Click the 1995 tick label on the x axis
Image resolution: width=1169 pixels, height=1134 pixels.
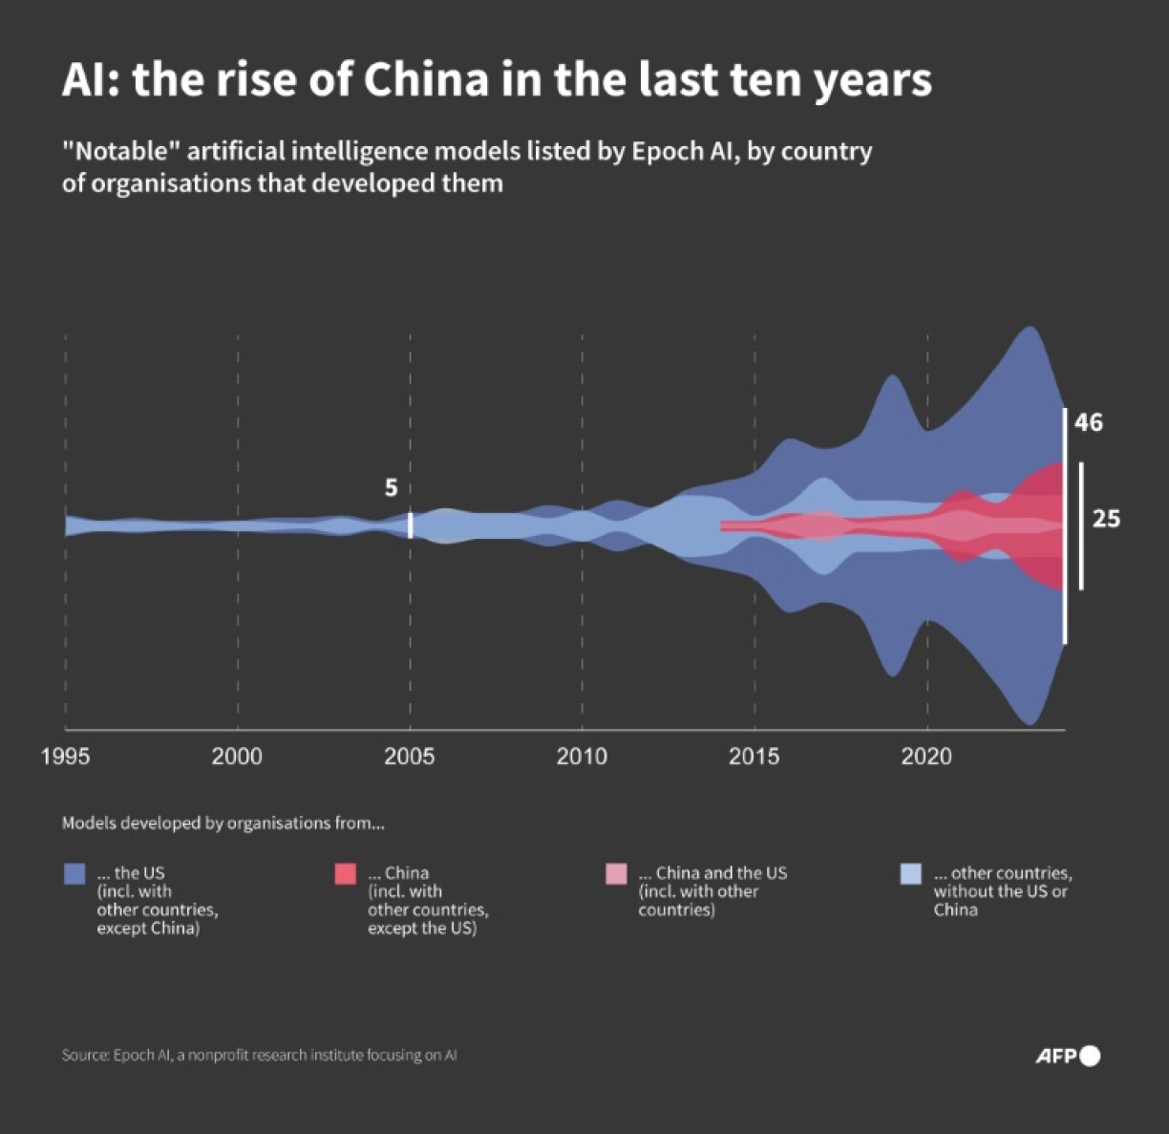[x=65, y=757]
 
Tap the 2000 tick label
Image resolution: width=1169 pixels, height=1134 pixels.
[x=237, y=757]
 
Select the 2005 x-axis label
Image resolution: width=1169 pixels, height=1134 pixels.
[x=409, y=757]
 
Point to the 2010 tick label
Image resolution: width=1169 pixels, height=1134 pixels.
[x=582, y=757]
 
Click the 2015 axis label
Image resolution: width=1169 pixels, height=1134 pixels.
[x=754, y=757]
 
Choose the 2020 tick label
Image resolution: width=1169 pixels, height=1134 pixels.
[x=926, y=757]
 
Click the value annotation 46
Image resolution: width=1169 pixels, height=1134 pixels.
[x=1088, y=422]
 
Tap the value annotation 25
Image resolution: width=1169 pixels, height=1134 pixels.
[x=1106, y=519]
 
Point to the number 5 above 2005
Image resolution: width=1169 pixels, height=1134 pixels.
[x=391, y=488]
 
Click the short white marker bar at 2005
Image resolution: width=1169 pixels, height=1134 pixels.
[x=411, y=525]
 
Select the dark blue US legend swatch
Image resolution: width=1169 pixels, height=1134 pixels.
[x=74, y=873]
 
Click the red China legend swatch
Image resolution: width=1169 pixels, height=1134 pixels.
[x=345, y=873]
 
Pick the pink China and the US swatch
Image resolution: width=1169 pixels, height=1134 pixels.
[x=616, y=873]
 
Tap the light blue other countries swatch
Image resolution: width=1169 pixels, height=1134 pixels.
[x=911, y=873]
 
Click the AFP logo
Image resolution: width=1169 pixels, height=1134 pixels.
[x=1067, y=1056]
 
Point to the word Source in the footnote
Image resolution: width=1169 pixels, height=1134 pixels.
[x=84, y=1056]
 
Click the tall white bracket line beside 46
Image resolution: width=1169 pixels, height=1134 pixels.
[x=1065, y=525]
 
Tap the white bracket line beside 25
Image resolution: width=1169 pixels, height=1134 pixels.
[x=1081, y=525]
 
